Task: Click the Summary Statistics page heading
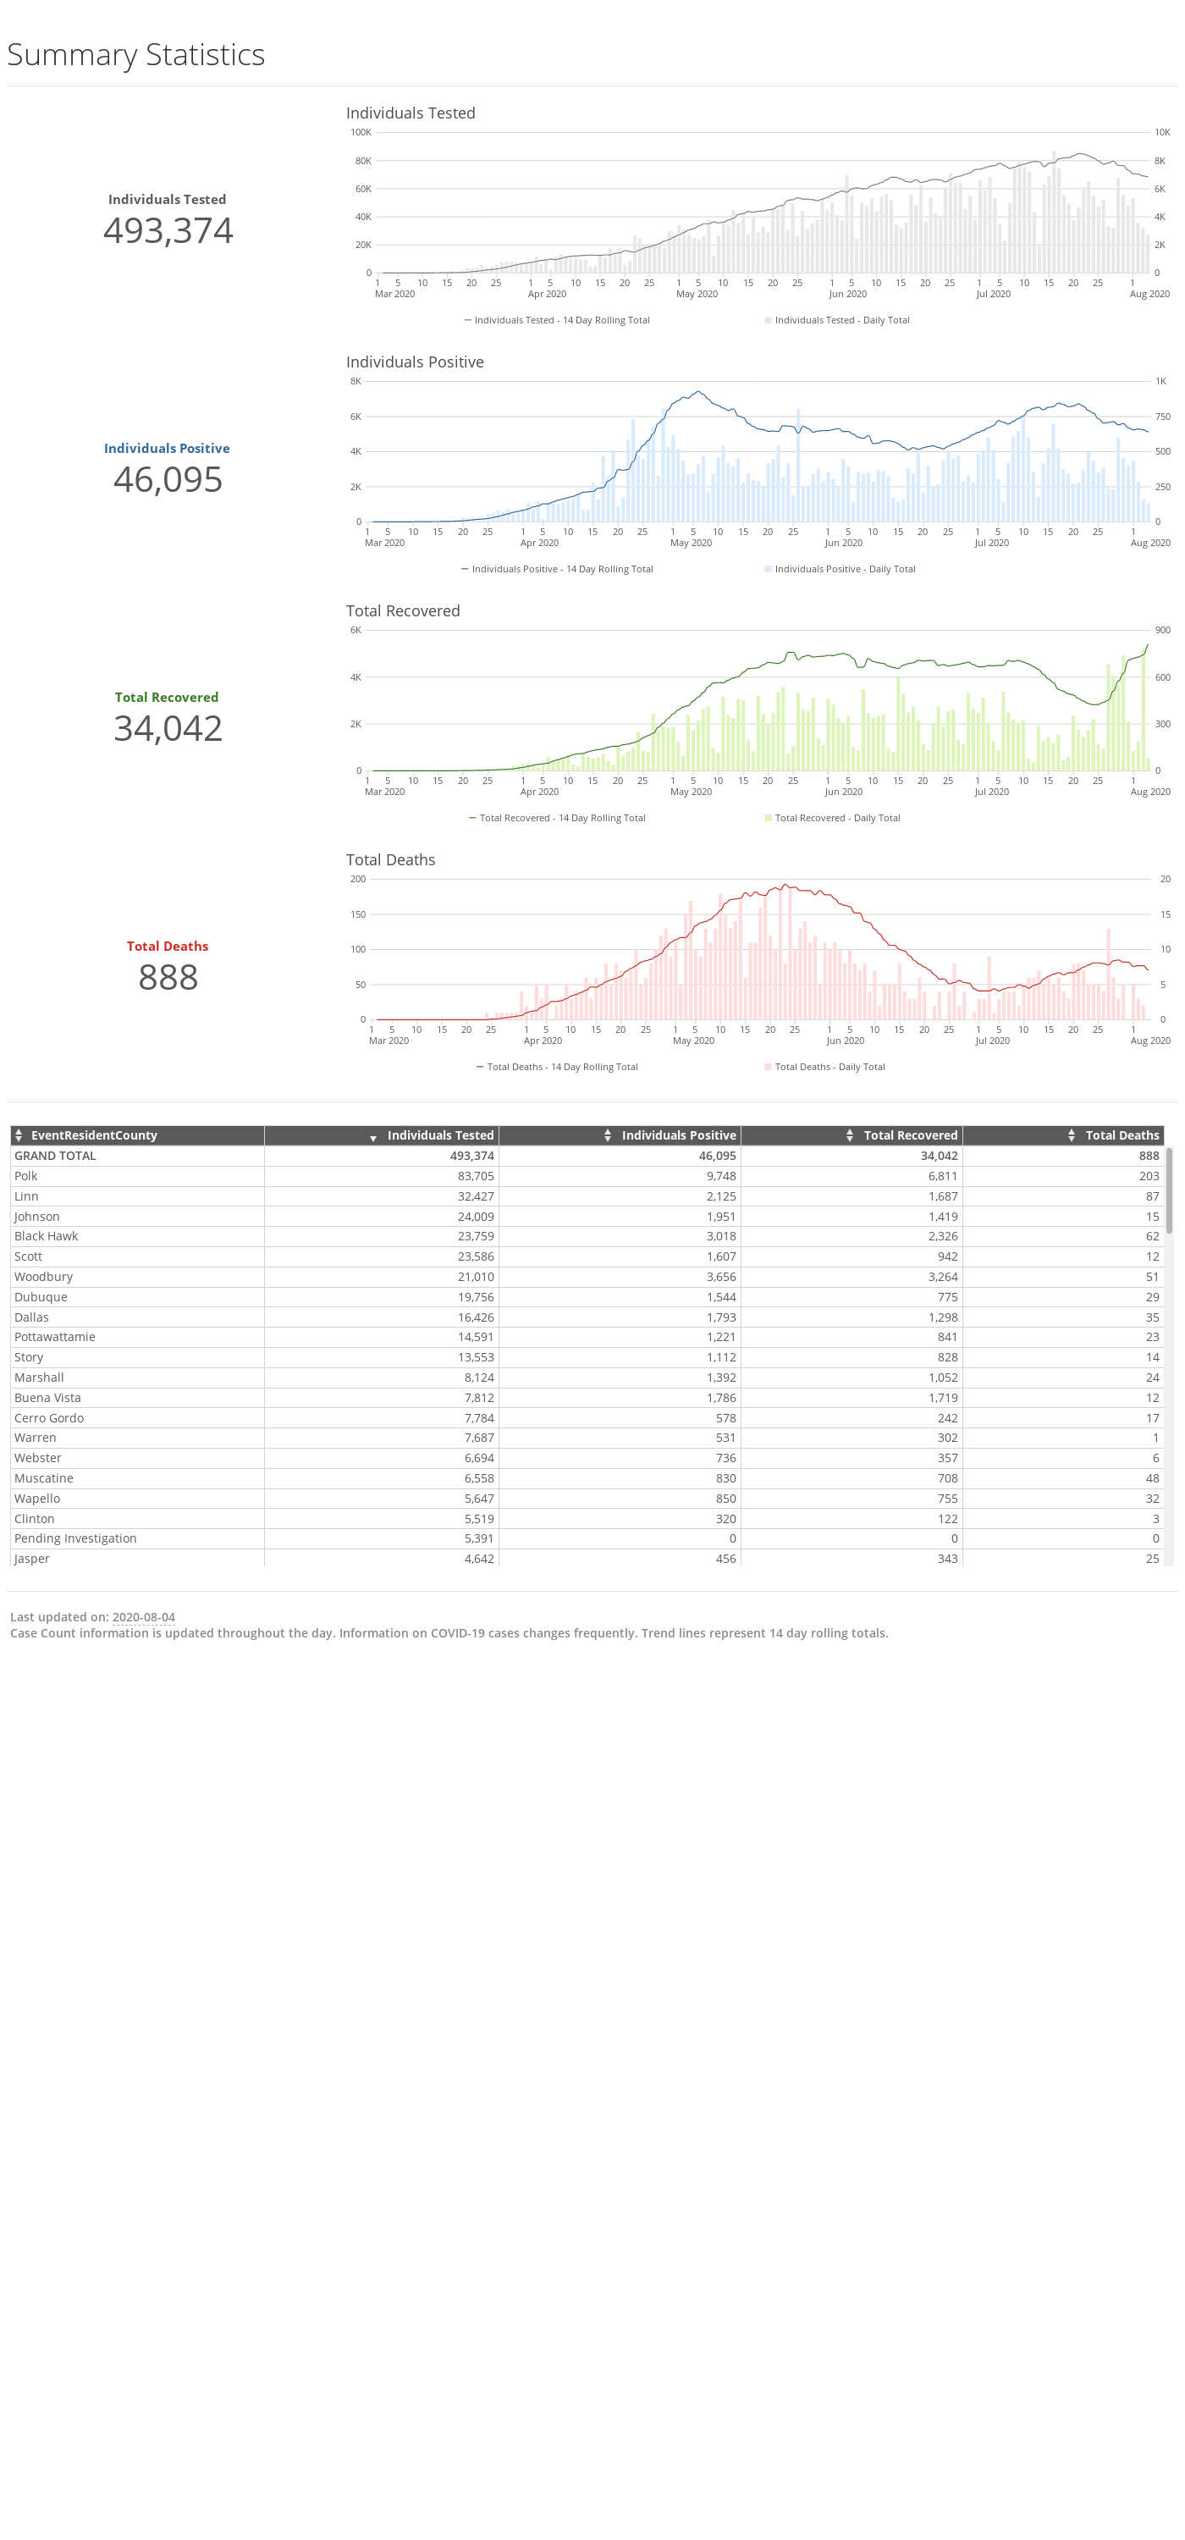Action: tap(136, 55)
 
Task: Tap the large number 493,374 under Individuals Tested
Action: tap(168, 231)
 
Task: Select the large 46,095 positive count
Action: tap(168, 480)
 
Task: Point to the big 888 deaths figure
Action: tap(168, 978)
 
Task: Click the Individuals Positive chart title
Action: tap(415, 362)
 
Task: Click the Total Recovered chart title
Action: tap(403, 611)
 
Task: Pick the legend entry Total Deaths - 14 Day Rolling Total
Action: tap(557, 1067)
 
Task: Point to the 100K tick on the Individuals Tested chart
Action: tap(361, 132)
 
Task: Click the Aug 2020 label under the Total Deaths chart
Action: tap(1150, 1041)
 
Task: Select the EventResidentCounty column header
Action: tap(95, 1136)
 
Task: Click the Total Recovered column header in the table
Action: tap(911, 1136)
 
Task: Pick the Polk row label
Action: tap(25, 1176)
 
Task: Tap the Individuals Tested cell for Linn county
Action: tap(475, 1197)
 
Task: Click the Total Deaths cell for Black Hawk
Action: tap(1153, 1236)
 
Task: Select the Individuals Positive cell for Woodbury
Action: tap(720, 1277)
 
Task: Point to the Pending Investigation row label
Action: tap(76, 1539)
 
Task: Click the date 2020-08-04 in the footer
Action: tap(144, 1617)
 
